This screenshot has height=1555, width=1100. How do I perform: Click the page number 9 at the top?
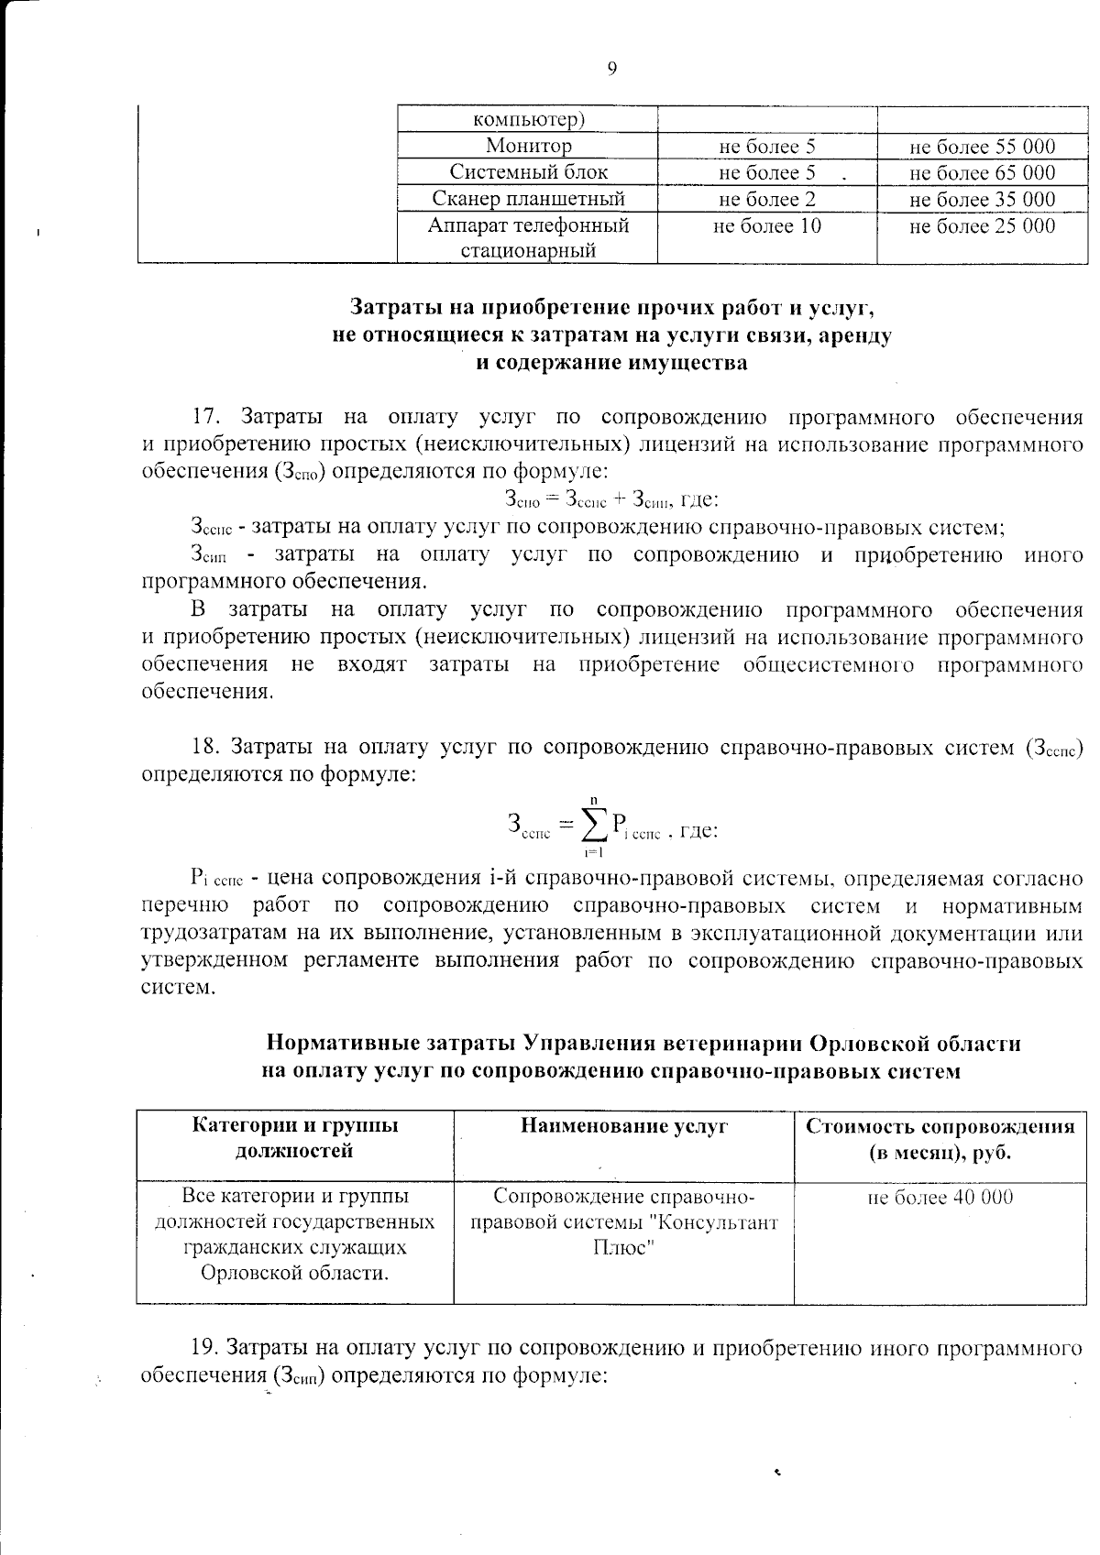tap(611, 69)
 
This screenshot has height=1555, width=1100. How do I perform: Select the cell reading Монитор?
tap(528, 146)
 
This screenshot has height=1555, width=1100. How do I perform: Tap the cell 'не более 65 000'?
tap(982, 172)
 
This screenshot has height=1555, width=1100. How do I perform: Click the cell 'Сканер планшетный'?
tap(528, 199)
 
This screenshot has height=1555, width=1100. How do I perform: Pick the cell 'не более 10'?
tap(767, 225)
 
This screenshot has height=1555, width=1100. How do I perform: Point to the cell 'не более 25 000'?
tap(982, 225)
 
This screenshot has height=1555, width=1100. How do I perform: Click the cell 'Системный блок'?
tap(528, 172)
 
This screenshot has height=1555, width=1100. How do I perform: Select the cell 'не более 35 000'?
tap(982, 199)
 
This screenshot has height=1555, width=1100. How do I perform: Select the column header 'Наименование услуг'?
tap(623, 1126)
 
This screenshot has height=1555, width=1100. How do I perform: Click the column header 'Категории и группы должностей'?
tap(294, 1138)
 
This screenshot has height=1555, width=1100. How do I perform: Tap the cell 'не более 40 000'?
tap(940, 1197)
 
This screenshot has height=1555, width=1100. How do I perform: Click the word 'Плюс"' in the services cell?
tap(623, 1248)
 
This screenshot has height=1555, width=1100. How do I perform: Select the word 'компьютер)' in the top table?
tap(529, 119)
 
